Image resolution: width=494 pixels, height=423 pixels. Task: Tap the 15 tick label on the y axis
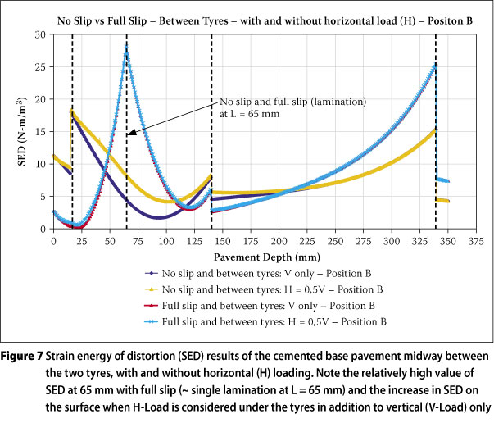(x=39, y=132)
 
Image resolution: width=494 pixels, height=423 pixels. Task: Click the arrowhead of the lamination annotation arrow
(x=129, y=132)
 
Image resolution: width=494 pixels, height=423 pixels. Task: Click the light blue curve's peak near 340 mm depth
(x=435, y=64)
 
